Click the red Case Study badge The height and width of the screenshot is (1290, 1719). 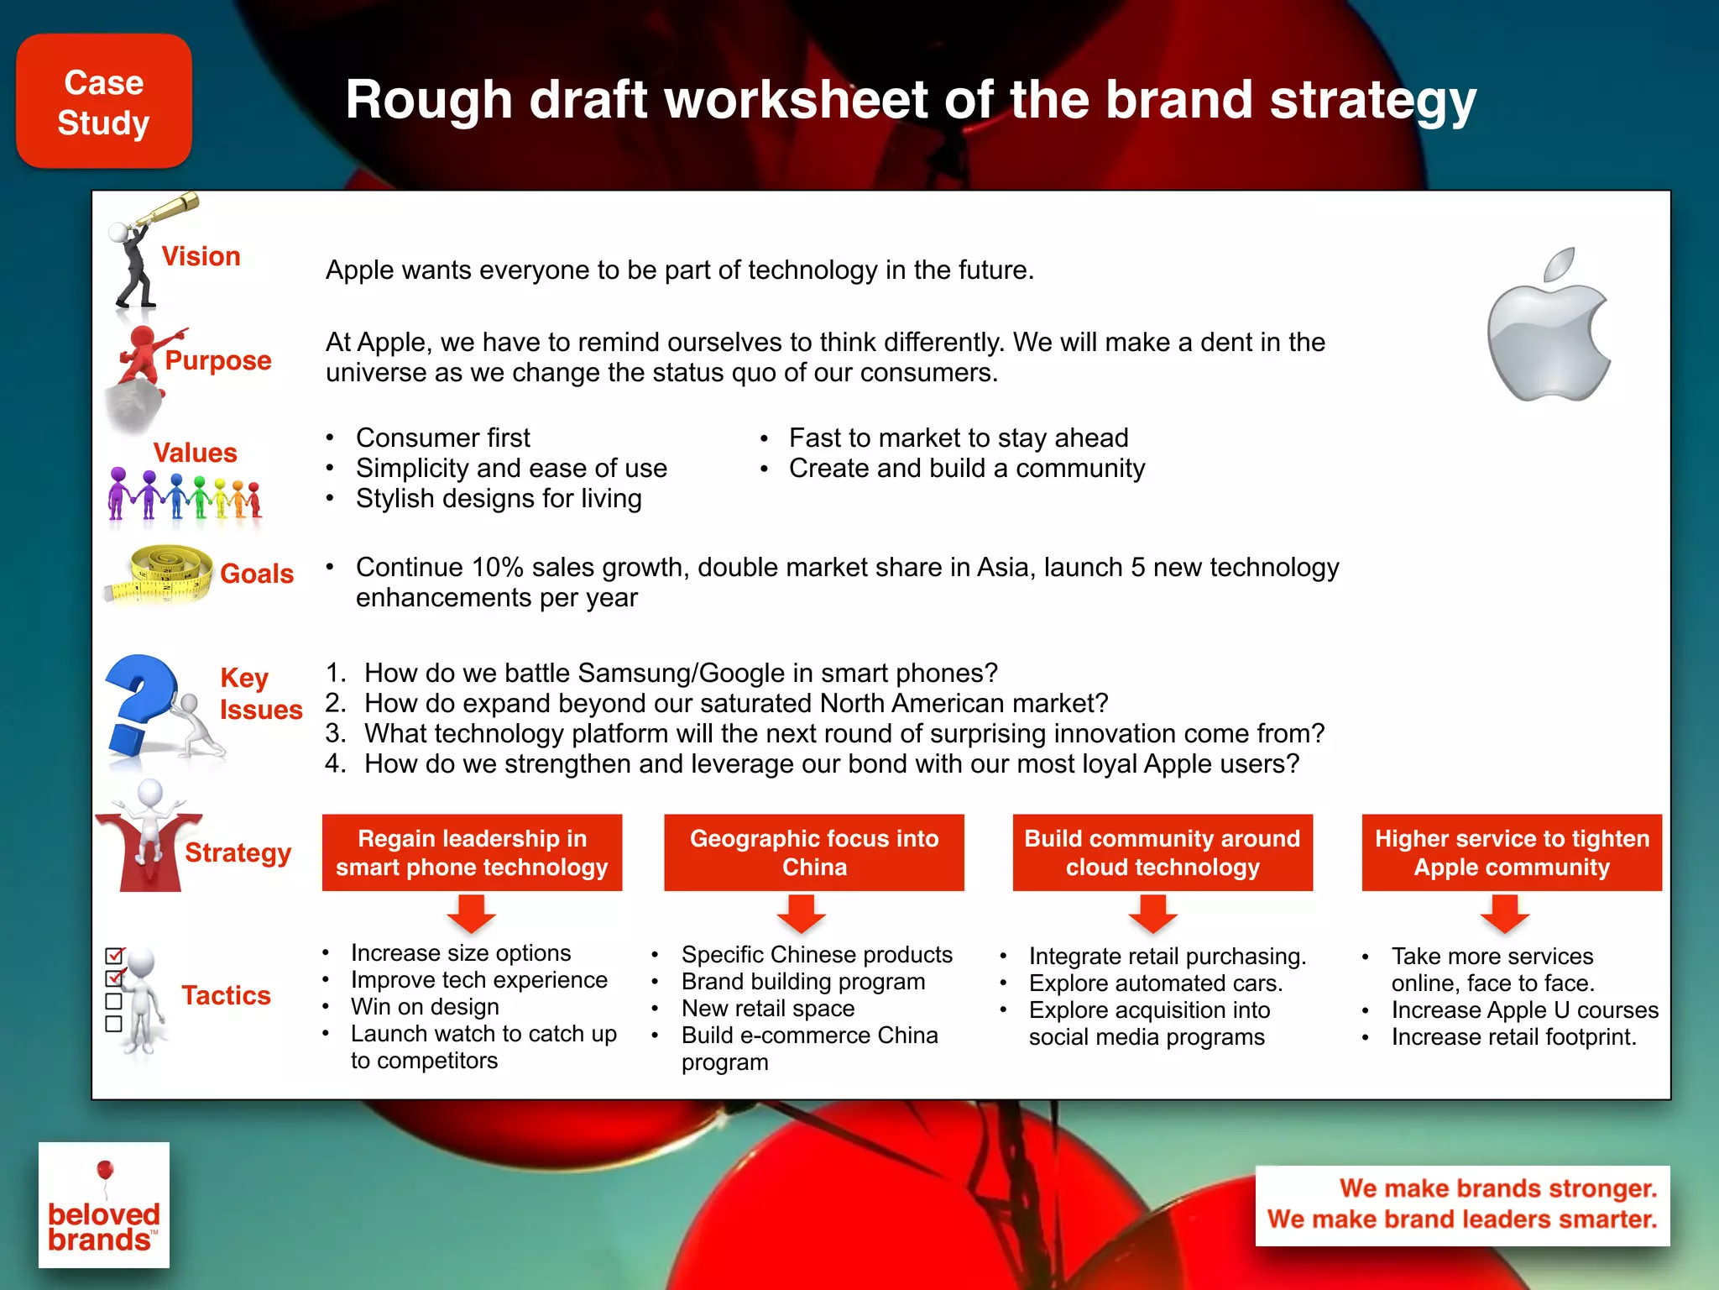coord(104,102)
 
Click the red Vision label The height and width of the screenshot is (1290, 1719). coord(201,256)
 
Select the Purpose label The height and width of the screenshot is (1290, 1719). coord(218,360)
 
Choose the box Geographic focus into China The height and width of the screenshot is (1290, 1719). coord(813,852)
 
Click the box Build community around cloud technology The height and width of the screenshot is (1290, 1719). coord(1162,852)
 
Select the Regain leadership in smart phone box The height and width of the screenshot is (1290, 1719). coord(472,852)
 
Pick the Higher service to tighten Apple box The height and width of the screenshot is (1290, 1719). coord(1511,852)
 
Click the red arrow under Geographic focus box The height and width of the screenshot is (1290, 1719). coord(802,914)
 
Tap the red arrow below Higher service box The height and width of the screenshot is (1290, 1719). coord(1504,914)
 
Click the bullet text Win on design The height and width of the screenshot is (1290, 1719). coord(425,1007)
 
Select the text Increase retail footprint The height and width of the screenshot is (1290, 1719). coord(1513,1037)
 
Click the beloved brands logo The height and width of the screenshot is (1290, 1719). coord(104,1205)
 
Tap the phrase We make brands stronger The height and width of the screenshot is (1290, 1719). coord(1497,1188)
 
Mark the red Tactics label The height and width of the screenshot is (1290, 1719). coord(226,995)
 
